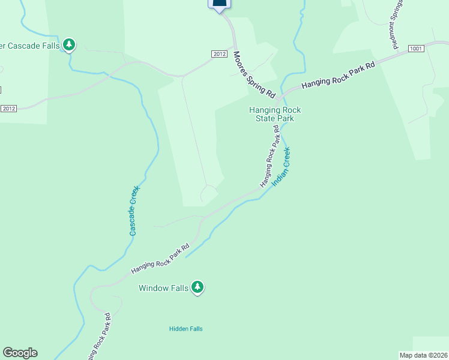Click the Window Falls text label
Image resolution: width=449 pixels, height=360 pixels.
click(x=164, y=288)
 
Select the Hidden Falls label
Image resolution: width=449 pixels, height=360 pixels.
click(x=186, y=329)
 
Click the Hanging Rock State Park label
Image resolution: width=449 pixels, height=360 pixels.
click(x=275, y=114)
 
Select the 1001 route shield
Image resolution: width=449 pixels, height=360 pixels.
click(x=415, y=48)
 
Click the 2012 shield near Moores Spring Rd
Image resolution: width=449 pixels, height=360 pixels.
click(x=219, y=54)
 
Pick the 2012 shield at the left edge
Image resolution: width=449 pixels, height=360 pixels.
click(x=8, y=108)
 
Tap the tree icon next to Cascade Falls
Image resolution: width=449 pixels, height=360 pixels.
click(x=69, y=44)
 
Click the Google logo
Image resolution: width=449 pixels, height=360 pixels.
click(x=20, y=353)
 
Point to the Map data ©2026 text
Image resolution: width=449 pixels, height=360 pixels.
click(x=423, y=355)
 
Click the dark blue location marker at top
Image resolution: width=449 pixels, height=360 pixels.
click(x=220, y=5)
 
